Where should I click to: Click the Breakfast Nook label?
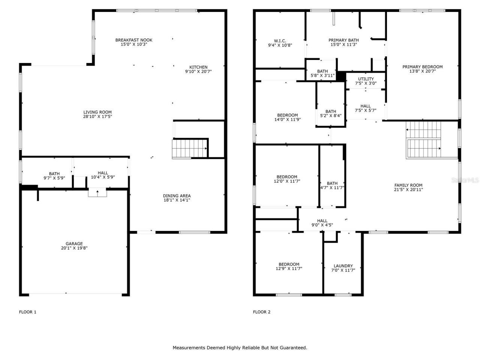(133, 40)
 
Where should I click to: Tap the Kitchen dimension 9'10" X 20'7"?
(198, 71)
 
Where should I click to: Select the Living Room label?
(97, 112)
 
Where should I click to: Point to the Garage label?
(74, 244)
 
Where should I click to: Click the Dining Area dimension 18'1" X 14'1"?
(177, 200)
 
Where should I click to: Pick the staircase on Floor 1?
(189, 148)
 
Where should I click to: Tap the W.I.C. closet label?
(280, 40)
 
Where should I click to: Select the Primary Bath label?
(343, 40)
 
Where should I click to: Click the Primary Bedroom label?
(422, 67)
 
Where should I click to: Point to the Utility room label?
(366, 79)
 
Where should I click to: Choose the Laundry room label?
(343, 266)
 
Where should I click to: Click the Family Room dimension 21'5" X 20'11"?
(408, 190)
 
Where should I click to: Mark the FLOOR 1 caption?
(28, 312)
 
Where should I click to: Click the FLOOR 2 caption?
(262, 312)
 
